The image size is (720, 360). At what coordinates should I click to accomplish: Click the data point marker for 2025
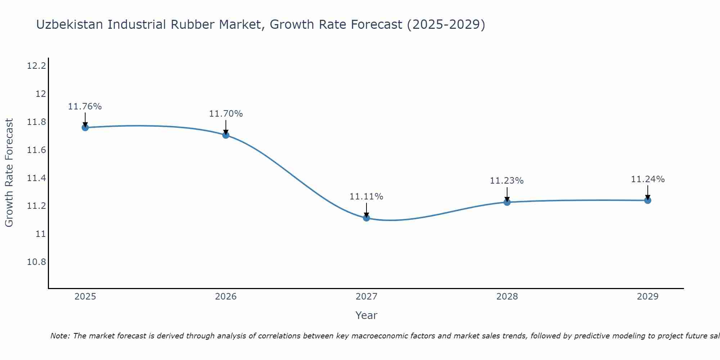point(85,127)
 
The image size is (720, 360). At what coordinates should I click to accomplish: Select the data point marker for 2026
point(226,135)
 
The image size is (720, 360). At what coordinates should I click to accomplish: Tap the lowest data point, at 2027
point(366,218)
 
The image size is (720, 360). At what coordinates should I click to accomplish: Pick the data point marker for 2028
point(507,202)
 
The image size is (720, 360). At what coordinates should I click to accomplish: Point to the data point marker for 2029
point(648,200)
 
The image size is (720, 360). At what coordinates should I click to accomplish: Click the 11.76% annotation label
point(85,107)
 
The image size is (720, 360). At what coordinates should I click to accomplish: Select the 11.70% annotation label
point(226,114)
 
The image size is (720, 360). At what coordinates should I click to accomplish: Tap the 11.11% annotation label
point(366,197)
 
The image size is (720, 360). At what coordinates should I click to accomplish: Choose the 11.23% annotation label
point(507,181)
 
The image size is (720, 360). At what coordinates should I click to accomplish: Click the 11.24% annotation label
point(648,179)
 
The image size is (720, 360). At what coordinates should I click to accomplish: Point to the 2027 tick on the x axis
point(366,297)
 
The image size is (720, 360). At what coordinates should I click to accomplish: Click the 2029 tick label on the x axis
point(648,297)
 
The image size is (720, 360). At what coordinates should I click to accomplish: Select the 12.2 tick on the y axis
point(36,66)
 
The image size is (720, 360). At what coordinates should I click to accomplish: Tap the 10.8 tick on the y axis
point(36,262)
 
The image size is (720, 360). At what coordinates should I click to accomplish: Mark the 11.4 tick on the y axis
point(36,178)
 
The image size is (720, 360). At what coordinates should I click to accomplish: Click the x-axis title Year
point(366,315)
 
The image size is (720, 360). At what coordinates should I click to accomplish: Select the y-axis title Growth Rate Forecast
point(9,173)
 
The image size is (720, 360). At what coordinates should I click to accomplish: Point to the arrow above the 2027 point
point(366,210)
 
